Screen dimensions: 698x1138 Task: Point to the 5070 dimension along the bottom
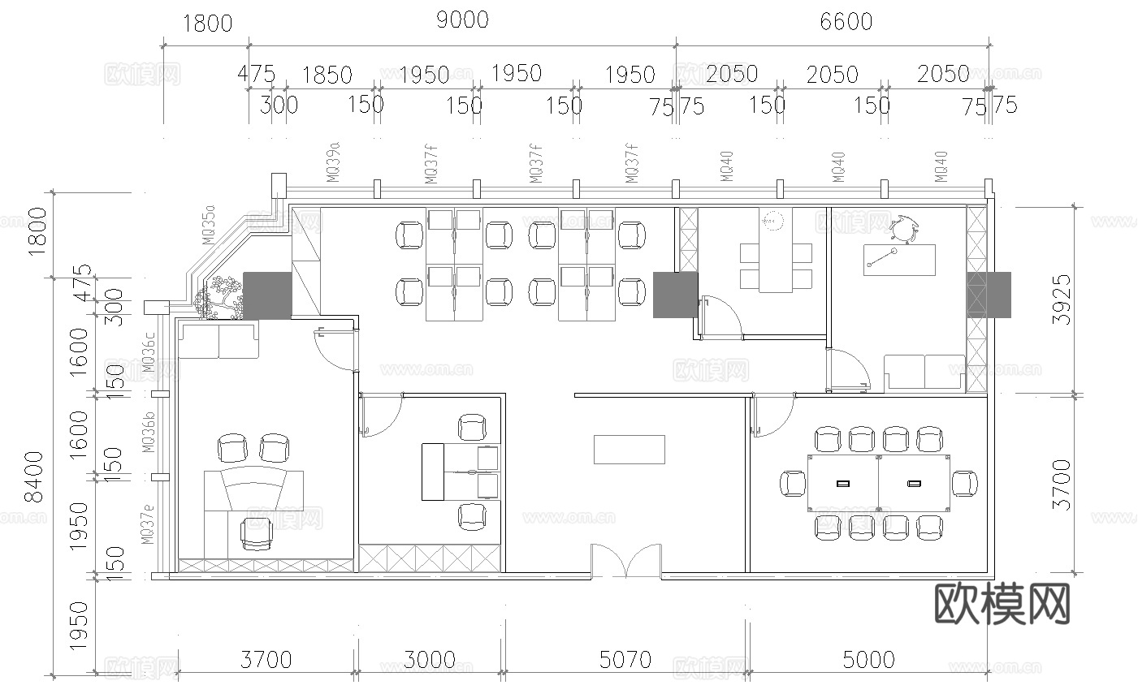625,659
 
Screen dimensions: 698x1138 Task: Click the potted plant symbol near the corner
219,298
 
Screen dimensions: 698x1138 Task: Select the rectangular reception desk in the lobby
630,449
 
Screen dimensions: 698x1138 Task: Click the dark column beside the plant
268,295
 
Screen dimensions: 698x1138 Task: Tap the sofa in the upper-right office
924,373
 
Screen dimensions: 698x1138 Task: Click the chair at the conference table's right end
965,483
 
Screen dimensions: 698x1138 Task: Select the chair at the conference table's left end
792,483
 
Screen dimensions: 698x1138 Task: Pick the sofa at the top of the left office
219,340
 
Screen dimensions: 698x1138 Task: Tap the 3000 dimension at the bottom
430,659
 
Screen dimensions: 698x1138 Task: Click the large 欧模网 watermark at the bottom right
1002,604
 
